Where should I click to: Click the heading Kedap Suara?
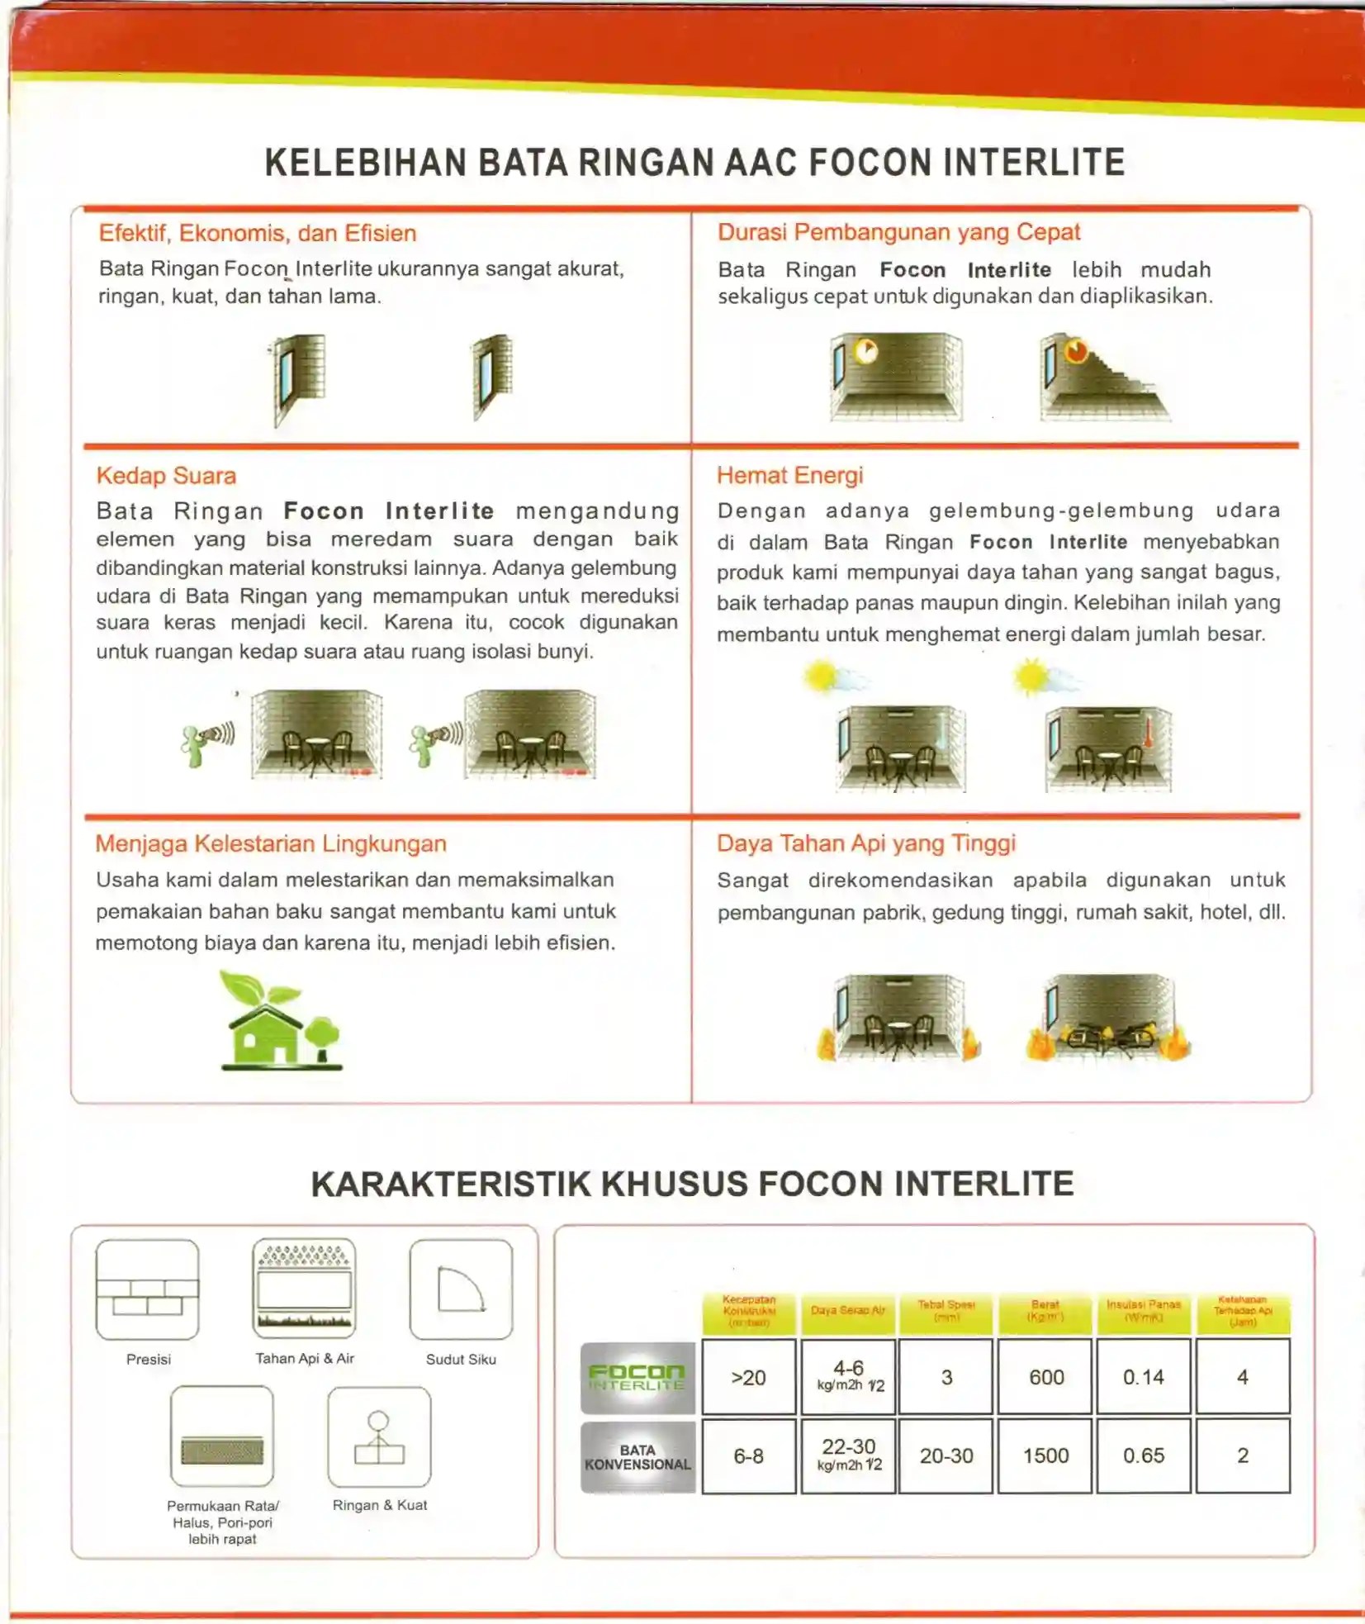pyautogui.click(x=166, y=476)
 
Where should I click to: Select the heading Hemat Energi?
pyautogui.click(x=789, y=475)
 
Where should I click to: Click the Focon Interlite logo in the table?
pyautogui.click(x=637, y=1377)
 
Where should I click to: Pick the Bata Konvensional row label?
pyautogui.click(x=637, y=1456)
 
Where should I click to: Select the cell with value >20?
pyautogui.click(x=748, y=1377)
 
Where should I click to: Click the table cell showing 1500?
pyautogui.click(x=1045, y=1455)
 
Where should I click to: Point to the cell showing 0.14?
pyautogui.click(x=1143, y=1377)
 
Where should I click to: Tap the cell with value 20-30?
pyautogui.click(x=946, y=1455)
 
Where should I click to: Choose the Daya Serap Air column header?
pyautogui.click(x=847, y=1311)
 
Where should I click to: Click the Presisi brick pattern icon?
pyautogui.click(x=148, y=1289)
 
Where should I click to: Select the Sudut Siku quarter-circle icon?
pyautogui.click(x=461, y=1289)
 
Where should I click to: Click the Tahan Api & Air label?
pyautogui.click(x=305, y=1358)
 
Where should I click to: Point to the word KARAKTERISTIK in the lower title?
pyautogui.click(x=451, y=1184)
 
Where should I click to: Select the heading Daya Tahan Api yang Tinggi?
pyautogui.click(x=865, y=843)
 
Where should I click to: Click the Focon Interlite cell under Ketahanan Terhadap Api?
pyautogui.click(x=1242, y=1377)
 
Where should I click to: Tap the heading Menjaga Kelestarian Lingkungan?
pyautogui.click(x=271, y=843)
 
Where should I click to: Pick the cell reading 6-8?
pyautogui.click(x=748, y=1455)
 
